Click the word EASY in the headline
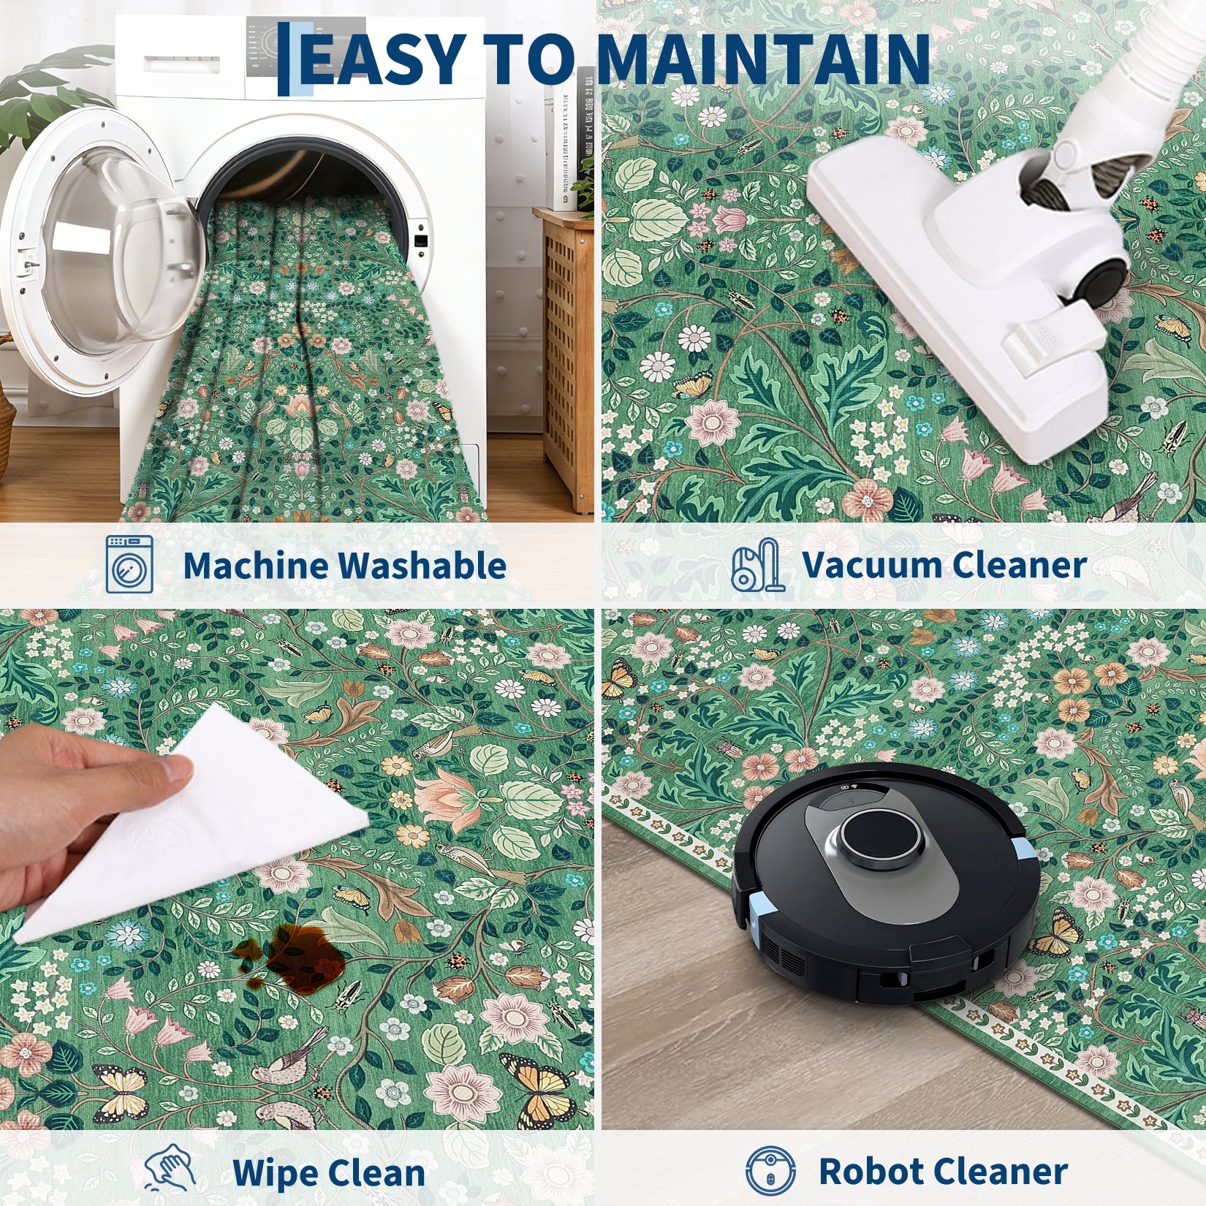384,58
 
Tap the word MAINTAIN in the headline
763,58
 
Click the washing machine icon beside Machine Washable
129,564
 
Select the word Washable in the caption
422,565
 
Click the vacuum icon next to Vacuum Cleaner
758,564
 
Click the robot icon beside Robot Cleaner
770,1169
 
